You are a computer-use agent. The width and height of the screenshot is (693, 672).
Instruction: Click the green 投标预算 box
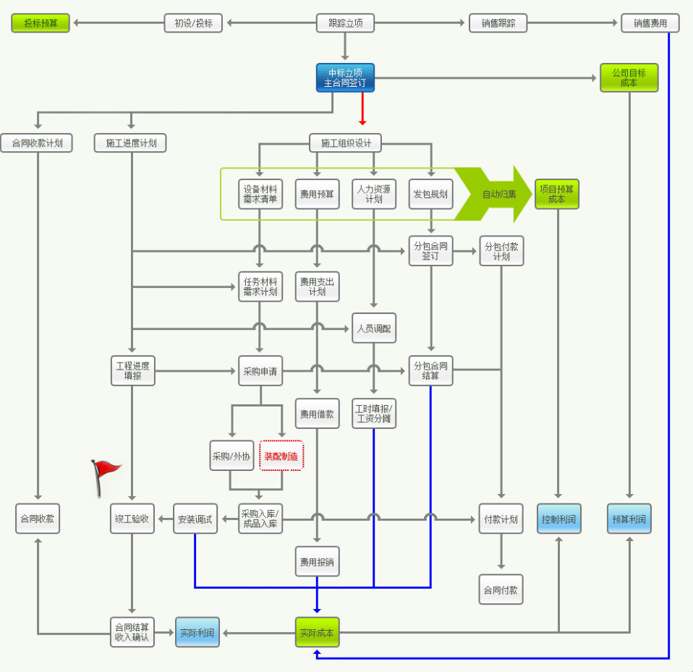[41, 23]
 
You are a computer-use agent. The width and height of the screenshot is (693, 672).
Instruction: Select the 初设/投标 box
[193, 23]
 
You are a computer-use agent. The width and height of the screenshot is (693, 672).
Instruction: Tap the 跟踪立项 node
[345, 23]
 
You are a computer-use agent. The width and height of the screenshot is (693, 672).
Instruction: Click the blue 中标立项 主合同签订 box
[345, 78]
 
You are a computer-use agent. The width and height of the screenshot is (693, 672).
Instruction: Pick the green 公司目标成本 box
[629, 77]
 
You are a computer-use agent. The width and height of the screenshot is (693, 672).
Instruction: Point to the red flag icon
[106, 476]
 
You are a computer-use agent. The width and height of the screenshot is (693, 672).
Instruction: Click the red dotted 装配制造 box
[281, 456]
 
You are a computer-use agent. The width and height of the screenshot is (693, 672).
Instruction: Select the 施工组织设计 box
[345, 143]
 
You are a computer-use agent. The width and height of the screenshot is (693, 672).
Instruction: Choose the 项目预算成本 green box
[557, 194]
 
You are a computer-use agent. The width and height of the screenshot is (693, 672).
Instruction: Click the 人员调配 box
[374, 328]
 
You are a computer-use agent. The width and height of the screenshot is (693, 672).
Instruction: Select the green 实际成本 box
[317, 633]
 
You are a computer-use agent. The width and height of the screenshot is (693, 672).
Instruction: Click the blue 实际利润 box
[197, 633]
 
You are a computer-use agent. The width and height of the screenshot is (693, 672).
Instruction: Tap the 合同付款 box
[501, 590]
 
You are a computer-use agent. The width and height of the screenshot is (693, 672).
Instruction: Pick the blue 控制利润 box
[558, 519]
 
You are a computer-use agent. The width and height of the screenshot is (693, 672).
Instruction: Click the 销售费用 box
[650, 23]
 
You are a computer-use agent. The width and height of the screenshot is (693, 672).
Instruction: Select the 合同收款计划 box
[36, 143]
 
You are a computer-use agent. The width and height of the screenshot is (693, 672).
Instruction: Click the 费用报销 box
[317, 561]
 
